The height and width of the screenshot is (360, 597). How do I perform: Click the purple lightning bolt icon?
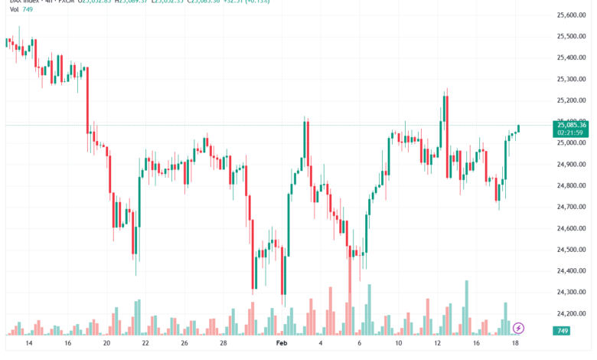[519, 328]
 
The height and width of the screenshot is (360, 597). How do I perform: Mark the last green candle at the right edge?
[519, 128]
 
